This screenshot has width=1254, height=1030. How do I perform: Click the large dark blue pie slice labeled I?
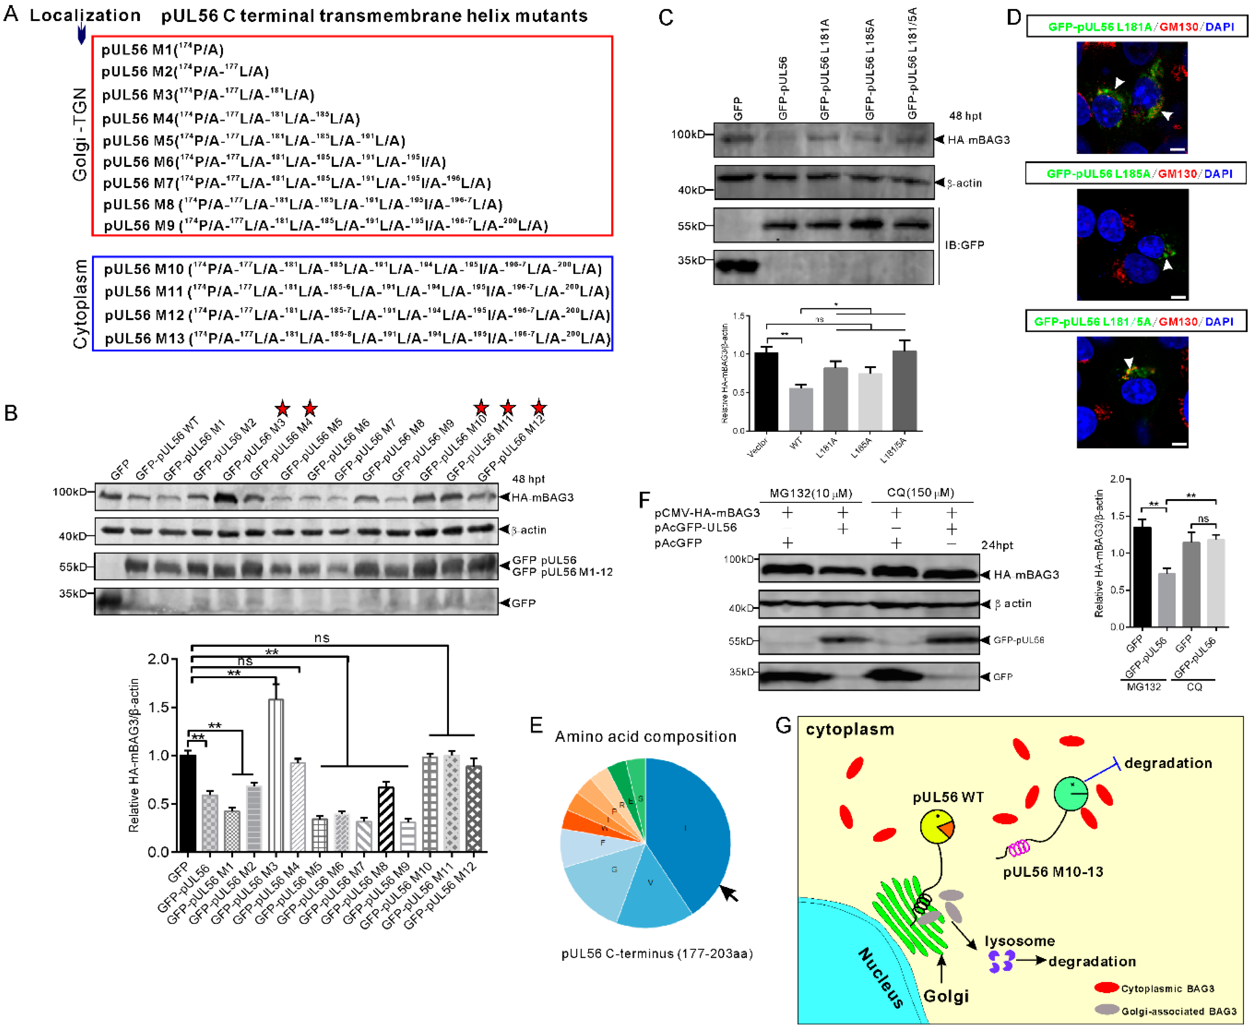[x=688, y=830]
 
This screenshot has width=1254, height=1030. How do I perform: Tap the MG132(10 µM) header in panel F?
[x=811, y=493]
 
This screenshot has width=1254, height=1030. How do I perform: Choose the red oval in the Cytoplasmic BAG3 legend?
[x=1106, y=988]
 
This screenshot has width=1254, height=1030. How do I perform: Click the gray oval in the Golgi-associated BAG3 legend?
[x=1106, y=1010]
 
